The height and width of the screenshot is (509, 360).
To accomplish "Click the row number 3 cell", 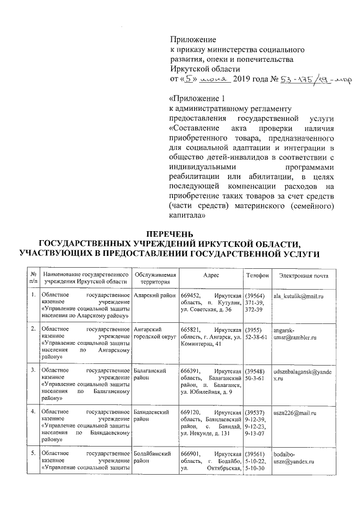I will click(x=34, y=370).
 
